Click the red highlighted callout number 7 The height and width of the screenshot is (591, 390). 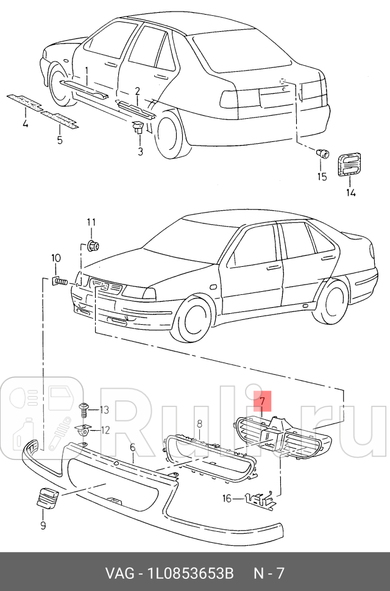pyautogui.click(x=262, y=402)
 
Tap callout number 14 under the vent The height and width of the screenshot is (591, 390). pyautogui.click(x=351, y=193)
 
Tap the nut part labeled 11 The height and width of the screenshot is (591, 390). pyautogui.click(x=93, y=246)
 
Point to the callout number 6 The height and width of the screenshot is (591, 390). pyautogui.click(x=132, y=448)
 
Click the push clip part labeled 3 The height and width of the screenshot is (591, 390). pyautogui.click(x=138, y=129)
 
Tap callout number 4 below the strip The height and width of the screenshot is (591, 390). pyautogui.click(x=25, y=125)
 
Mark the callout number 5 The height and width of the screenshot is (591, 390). pyautogui.click(x=60, y=140)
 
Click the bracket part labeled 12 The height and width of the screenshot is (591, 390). pyautogui.click(x=85, y=430)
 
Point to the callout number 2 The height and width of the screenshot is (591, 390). pyautogui.click(x=138, y=91)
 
